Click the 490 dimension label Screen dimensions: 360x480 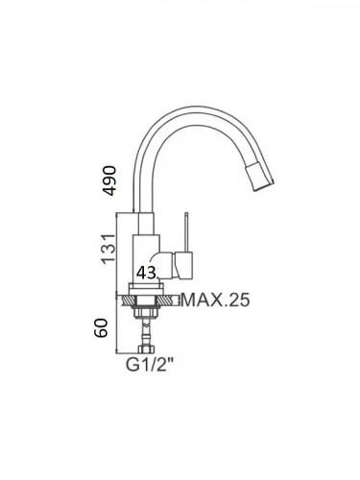[x=109, y=180]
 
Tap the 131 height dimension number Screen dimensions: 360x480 [x=108, y=249]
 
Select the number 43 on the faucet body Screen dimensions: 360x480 [x=147, y=273]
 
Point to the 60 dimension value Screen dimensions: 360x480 [x=102, y=327]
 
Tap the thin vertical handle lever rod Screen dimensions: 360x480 [x=186, y=231]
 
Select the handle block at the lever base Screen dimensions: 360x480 [x=183, y=264]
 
